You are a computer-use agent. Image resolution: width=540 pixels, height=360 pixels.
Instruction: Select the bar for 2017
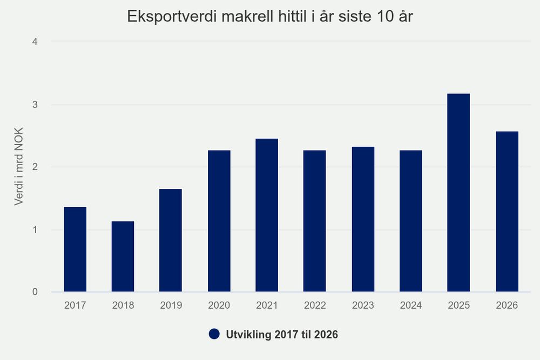tap(75, 249)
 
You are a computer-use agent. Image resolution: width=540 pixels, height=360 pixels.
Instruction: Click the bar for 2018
tap(123, 256)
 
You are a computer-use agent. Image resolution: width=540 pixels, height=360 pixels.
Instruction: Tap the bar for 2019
tap(171, 240)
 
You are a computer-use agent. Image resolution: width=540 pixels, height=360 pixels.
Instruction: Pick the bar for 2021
tap(267, 215)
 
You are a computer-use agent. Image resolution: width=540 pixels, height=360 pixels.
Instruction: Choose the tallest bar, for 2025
tap(458, 193)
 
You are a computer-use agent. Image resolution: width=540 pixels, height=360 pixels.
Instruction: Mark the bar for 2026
tap(507, 212)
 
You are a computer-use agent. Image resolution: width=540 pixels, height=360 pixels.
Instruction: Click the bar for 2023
tap(363, 219)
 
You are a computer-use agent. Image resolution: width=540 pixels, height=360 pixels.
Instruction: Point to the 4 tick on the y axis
tap(35, 42)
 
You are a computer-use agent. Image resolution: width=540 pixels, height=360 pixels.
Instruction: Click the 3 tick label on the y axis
tap(35, 105)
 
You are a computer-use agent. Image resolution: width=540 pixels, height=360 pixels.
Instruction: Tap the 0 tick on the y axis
tap(35, 292)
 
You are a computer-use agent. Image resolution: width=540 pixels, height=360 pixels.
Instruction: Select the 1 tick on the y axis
tap(35, 229)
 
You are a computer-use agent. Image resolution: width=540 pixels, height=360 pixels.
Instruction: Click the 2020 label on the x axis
tap(219, 305)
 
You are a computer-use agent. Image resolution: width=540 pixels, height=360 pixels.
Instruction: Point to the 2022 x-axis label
tap(315, 305)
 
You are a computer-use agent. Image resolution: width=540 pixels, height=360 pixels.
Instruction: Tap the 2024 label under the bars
tap(411, 305)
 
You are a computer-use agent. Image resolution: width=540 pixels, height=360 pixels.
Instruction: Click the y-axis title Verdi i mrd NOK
tap(18, 167)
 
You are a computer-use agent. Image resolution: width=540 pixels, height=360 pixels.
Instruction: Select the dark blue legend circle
tap(214, 334)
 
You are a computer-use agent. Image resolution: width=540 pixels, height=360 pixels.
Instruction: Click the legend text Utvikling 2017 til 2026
tap(282, 335)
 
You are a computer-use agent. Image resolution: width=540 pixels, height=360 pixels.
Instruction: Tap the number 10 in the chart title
tap(386, 16)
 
